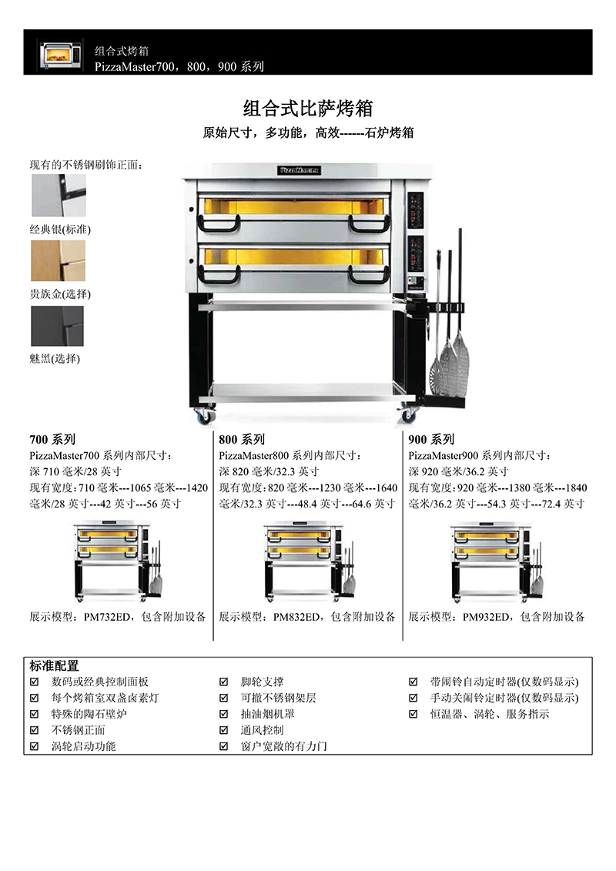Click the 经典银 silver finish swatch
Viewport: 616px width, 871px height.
point(59,196)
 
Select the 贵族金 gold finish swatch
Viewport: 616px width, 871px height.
point(59,260)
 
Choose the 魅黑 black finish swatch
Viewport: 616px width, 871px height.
point(57,326)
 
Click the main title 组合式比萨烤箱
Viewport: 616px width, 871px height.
point(308,109)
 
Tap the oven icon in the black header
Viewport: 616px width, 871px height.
point(61,55)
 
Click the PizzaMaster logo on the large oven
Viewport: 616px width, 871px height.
point(299,170)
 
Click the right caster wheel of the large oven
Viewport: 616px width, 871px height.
point(408,414)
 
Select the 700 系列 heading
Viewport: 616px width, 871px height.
point(53,440)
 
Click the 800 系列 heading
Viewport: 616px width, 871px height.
point(243,440)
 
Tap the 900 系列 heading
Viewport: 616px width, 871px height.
point(432,440)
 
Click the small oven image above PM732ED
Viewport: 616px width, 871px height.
point(119,561)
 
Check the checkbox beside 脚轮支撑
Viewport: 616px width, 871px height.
point(224,682)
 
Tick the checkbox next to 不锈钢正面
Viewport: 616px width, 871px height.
point(35,730)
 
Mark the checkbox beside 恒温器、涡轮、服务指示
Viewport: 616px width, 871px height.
point(413,714)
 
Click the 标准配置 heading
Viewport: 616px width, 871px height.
point(55,665)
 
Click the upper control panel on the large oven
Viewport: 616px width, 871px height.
point(416,210)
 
